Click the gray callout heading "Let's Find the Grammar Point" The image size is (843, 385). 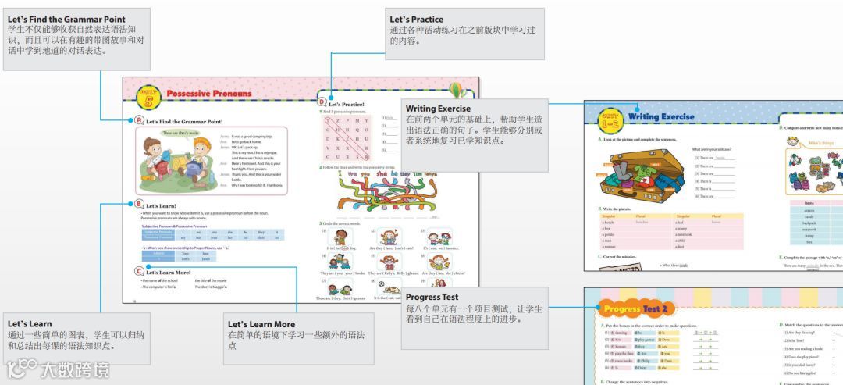(x=66, y=20)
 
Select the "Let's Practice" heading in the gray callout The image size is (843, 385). (x=417, y=20)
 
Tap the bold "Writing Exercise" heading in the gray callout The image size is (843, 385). (x=438, y=109)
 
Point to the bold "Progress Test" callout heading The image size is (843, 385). (x=432, y=297)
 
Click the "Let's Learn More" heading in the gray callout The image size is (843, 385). (x=261, y=324)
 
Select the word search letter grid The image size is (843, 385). (x=346, y=137)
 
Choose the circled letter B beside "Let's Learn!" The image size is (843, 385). (x=139, y=203)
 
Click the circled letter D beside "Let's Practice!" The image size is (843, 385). (x=322, y=101)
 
